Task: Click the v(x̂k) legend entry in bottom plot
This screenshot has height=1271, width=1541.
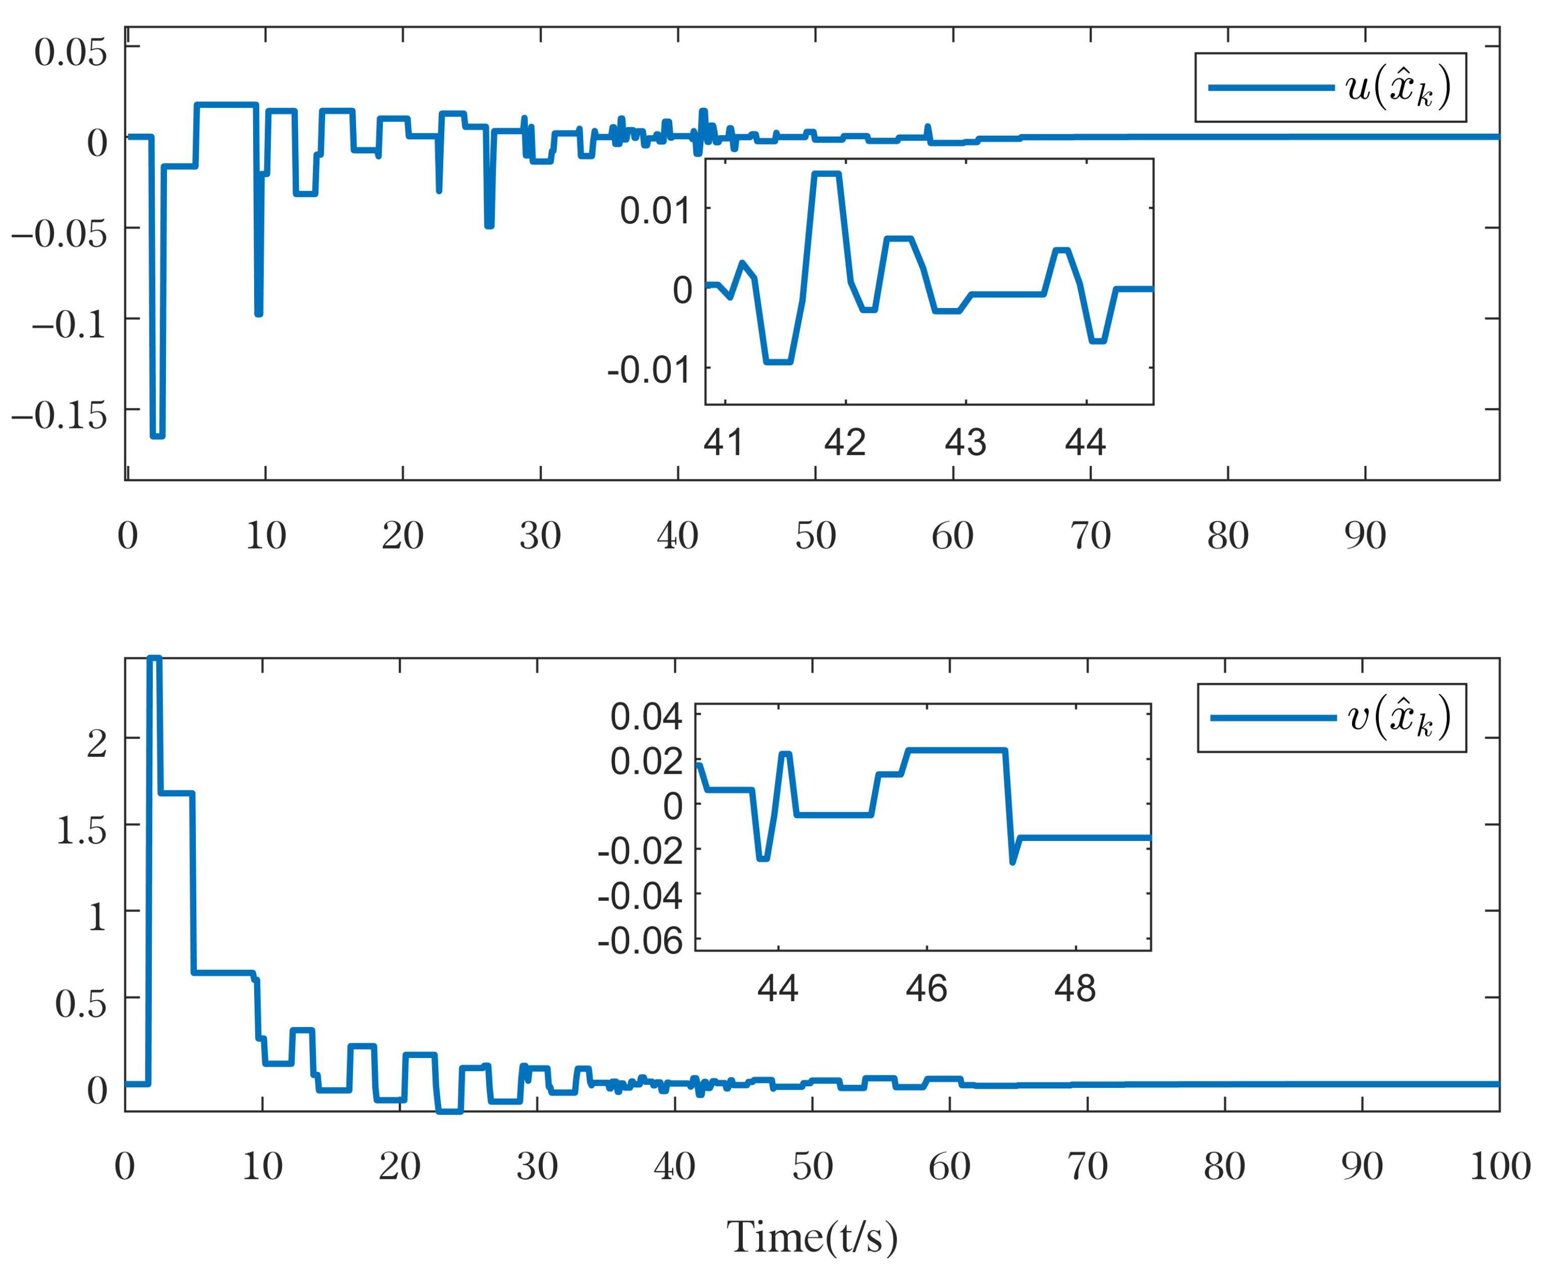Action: pyautogui.click(x=1331, y=718)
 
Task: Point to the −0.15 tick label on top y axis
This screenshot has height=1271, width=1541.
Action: pyautogui.click(x=59, y=416)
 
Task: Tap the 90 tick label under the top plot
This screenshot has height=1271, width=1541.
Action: pyautogui.click(x=1365, y=535)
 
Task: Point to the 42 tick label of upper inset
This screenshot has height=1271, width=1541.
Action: pyautogui.click(x=845, y=442)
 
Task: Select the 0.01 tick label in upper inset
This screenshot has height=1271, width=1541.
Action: pyautogui.click(x=655, y=211)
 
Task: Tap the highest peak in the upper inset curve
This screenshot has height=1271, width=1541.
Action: pyautogui.click(x=826, y=173)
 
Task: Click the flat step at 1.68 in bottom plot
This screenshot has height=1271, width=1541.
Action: pyautogui.click(x=176, y=793)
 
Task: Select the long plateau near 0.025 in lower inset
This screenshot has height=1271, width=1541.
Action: pyautogui.click(x=956, y=750)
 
